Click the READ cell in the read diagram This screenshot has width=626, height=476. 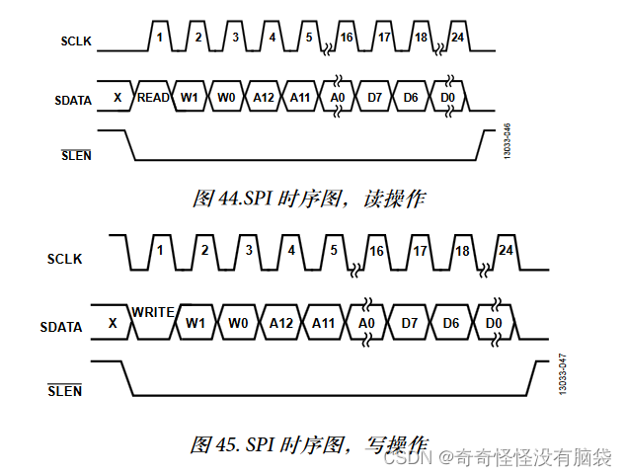153,98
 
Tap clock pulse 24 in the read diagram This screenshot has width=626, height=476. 456,37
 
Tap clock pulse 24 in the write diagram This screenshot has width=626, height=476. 506,250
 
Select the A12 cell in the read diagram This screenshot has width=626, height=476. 263,98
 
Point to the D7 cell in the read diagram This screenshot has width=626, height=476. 375,98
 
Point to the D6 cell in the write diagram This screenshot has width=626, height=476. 451,323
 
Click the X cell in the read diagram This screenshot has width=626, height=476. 117,98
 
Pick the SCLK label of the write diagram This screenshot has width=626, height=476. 65,260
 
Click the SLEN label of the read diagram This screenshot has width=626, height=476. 76,154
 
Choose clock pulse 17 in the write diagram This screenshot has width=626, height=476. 420,250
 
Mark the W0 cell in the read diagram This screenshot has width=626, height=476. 226,98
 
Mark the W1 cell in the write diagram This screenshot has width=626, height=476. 196,323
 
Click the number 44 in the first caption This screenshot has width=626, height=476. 229,198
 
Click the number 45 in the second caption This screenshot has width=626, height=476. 229,444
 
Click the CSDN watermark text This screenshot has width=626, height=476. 405,458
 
